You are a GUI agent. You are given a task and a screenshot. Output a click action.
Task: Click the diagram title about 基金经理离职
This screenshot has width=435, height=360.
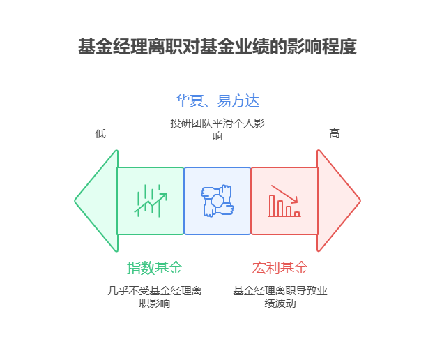pyautogui.click(x=217, y=47)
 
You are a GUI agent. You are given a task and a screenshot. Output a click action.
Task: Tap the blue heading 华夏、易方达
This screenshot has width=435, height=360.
pyautogui.click(x=217, y=100)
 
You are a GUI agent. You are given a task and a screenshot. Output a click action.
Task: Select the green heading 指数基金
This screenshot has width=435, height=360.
pyautogui.click(x=155, y=268)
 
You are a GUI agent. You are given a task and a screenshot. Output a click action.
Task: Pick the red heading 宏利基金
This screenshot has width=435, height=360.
pyautogui.click(x=280, y=268)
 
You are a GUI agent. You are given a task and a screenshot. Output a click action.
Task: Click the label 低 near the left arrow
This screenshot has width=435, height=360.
pyautogui.click(x=100, y=133)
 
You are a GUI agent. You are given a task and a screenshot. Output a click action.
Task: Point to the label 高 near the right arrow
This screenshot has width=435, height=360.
pyautogui.click(x=335, y=133)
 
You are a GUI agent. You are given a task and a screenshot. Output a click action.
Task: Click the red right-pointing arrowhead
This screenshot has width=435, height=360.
pyautogui.click(x=338, y=201)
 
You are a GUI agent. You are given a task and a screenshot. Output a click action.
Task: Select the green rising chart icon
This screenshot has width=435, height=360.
pyautogui.click(x=151, y=201)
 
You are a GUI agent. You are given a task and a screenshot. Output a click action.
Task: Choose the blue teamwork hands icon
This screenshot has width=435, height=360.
pyautogui.click(x=217, y=201)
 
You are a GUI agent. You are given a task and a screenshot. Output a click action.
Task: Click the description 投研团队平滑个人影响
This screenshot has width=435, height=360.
pyautogui.click(x=217, y=129)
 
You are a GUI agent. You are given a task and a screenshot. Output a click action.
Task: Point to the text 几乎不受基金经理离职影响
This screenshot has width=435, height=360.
pyautogui.click(x=155, y=297)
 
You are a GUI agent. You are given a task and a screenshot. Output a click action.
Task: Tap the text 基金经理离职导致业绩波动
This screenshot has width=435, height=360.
pyautogui.click(x=280, y=297)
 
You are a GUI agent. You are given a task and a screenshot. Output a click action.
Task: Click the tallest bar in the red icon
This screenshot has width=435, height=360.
pyautogui.click(x=272, y=205)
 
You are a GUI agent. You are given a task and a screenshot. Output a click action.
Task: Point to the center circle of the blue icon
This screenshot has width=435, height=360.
pyautogui.click(x=217, y=201)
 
